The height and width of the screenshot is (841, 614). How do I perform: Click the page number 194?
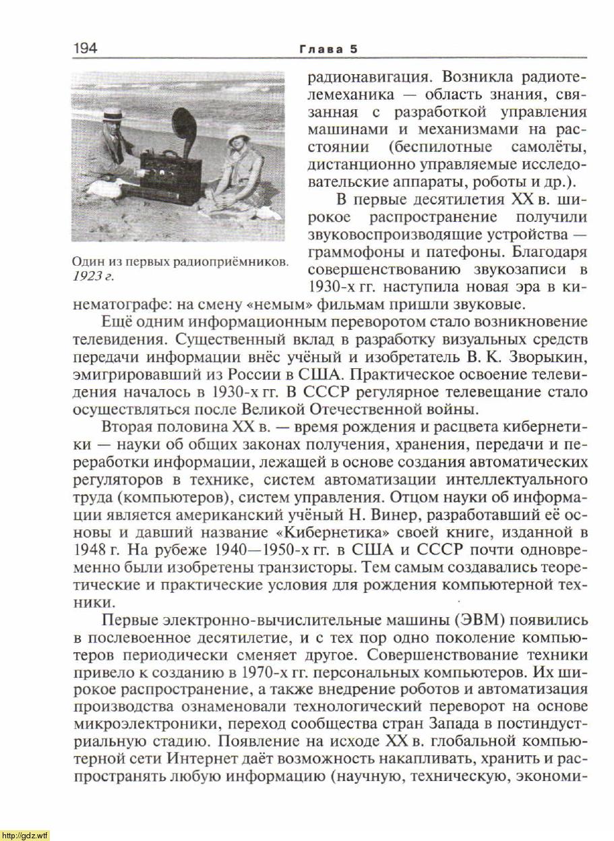[85, 48]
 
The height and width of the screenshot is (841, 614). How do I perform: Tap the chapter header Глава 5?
[329, 49]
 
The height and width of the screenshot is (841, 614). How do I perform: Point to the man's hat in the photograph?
[113, 114]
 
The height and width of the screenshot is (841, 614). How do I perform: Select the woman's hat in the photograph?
[238, 132]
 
